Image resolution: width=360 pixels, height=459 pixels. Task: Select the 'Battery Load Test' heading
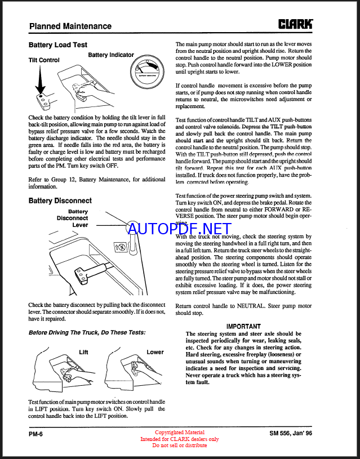pos(58,44)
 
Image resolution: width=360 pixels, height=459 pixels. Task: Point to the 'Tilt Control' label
pos(44,60)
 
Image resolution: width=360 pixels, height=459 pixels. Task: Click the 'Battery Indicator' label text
pos(111,55)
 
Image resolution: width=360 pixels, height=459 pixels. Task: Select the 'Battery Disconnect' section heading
pos(60,200)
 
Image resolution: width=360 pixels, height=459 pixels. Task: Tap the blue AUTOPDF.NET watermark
pos(179,229)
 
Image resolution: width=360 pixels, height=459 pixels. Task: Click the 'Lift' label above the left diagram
pos(83,352)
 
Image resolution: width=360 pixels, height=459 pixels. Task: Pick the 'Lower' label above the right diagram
pos(155,352)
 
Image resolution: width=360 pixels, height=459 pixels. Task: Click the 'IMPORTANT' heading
pos(243,326)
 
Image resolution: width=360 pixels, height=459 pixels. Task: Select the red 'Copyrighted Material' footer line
pos(180,433)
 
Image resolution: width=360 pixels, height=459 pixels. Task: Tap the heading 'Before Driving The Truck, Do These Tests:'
pos(87,332)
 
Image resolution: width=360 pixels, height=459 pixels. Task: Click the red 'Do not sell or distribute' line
pos(180,445)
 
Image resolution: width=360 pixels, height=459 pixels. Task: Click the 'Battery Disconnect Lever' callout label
pos(72,218)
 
